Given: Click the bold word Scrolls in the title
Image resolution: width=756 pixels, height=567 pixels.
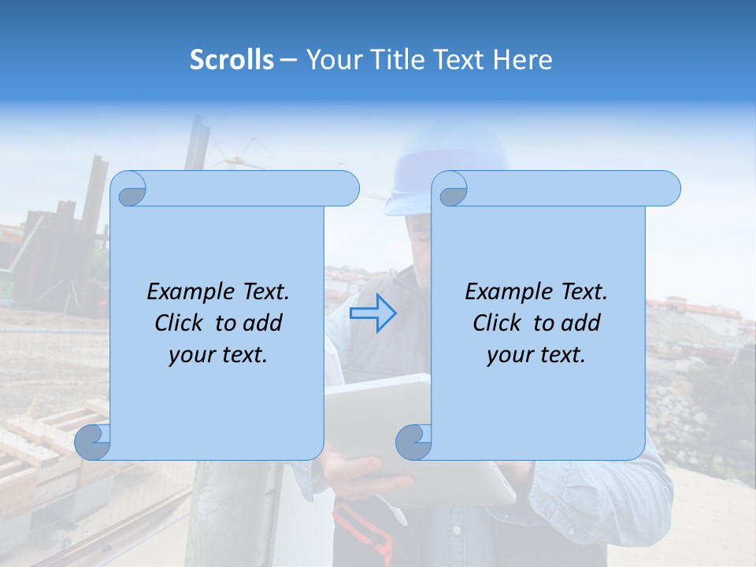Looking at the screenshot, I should [232, 60].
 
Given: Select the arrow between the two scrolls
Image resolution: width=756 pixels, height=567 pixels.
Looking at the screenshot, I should [373, 313].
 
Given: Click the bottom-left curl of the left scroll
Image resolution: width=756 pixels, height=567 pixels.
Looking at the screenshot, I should [93, 442].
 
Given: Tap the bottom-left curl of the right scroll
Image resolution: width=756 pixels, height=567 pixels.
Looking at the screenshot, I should [413, 442].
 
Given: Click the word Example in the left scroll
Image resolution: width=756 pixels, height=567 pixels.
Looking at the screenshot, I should [187, 292].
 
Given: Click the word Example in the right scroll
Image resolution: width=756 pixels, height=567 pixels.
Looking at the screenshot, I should [505, 292].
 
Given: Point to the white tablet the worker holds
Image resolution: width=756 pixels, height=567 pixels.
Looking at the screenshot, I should [378, 409].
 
